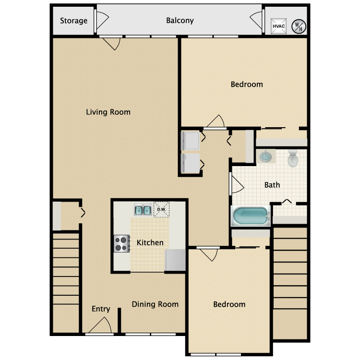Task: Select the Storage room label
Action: tap(73, 21)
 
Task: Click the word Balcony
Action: tap(180, 20)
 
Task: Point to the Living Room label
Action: tap(108, 112)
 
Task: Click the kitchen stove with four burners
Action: tap(122, 243)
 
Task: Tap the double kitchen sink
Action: tap(143, 210)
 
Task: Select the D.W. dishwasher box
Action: tap(161, 209)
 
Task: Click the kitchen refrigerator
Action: tap(175, 260)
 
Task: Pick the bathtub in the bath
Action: tap(250, 216)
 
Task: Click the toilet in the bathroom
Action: tap(293, 158)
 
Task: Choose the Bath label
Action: tap(272, 185)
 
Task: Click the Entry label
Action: tap(101, 309)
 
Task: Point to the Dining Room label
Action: tap(155, 304)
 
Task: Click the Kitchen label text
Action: tap(150, 243)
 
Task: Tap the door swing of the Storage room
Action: tap(102, 20)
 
